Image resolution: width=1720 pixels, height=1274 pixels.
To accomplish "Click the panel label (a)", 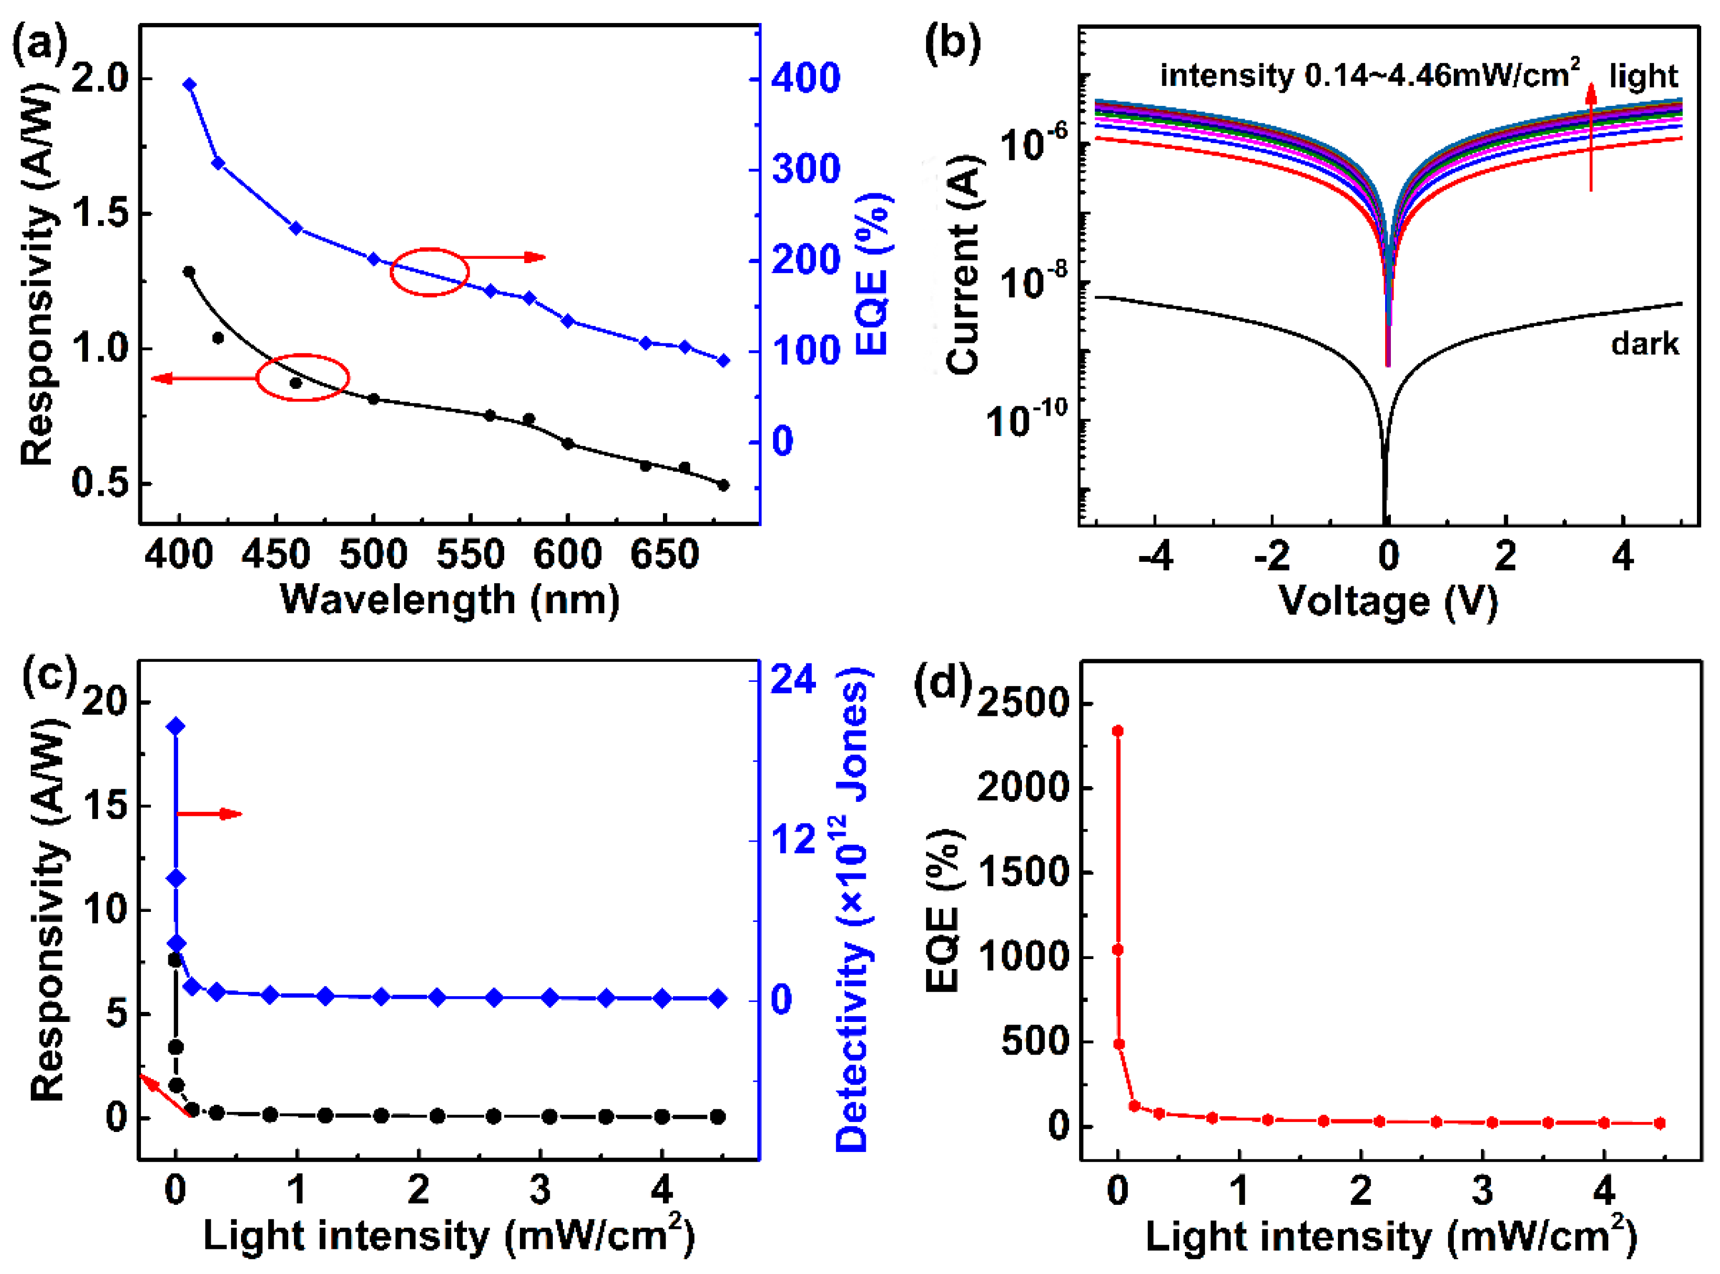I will pyautogui.click(x=39, y=45).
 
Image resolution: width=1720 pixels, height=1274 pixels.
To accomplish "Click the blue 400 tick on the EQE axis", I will pyautogui.click(x=805, y=79).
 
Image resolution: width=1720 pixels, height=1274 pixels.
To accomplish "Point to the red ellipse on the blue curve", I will pyautogui.click(x=430, y=271).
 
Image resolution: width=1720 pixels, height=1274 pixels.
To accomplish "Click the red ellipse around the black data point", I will pyautogui.click(x=302, y=377).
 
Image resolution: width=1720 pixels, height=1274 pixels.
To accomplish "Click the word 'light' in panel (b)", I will pyautogui.click(x=1643, y=75).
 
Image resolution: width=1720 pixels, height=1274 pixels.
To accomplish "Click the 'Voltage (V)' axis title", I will pyautogui.click(x=1388, y=601).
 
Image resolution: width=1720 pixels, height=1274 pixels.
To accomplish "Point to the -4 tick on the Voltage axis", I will pyautogui.click(x=1156, y=556).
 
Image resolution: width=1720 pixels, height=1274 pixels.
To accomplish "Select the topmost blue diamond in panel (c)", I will pyautogui.click(x=176, y=726).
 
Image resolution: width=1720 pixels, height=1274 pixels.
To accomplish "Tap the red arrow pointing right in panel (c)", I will pyautogui.click(x=209, y=813).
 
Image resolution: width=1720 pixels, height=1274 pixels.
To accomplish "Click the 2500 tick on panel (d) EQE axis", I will pyautogui.click(x=1025, y=703).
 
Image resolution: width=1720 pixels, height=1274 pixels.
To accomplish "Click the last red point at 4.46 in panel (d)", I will pyautogui.click(x=1660, y=1124).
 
